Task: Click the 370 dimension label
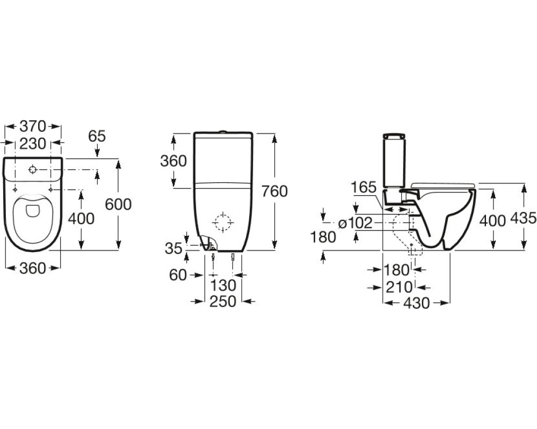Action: coord(33,126)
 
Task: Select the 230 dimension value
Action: coord(33,144)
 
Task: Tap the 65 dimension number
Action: coord(97,136)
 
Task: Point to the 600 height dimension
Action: coord(118,204)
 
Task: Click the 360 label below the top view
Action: coord(33,268)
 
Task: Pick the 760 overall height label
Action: coord(274,191)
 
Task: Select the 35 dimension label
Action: coord(173,249)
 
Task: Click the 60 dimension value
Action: coord(178,275)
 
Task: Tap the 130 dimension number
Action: coord(223,285)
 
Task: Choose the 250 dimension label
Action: coord(223,301)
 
